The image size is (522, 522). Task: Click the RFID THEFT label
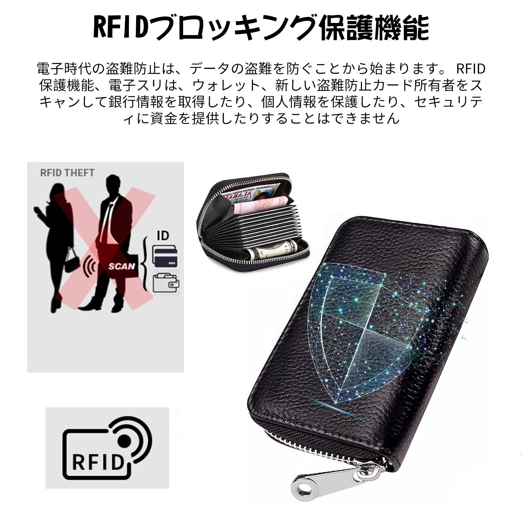67,173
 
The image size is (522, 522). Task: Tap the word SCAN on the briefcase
121,266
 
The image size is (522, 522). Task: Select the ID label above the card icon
163,236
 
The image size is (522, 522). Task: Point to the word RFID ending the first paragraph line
470,69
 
